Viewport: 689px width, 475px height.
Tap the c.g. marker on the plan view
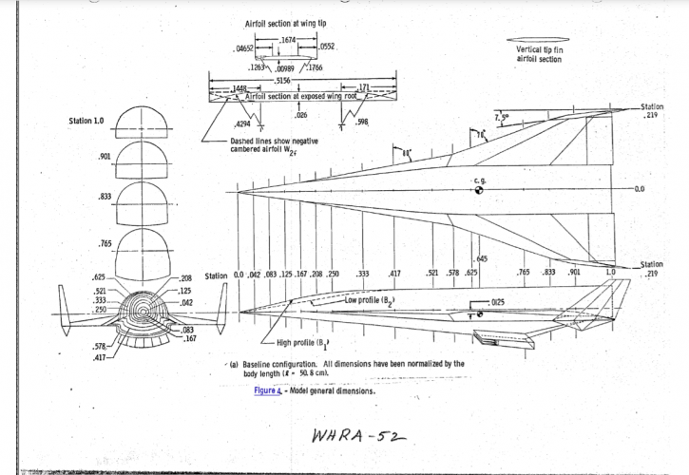pyautogui.click(x=478, y=190)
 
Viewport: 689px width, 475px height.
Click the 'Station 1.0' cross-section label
pyautogui.click(x=86, y=121)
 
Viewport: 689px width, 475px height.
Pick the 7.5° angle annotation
pyautogui.click(x=502, y=117)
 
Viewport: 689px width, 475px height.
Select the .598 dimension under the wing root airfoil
pyautogui.click(x=360, y=122)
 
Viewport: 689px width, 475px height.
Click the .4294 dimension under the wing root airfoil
pyautogui.click(x=242, y=123)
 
